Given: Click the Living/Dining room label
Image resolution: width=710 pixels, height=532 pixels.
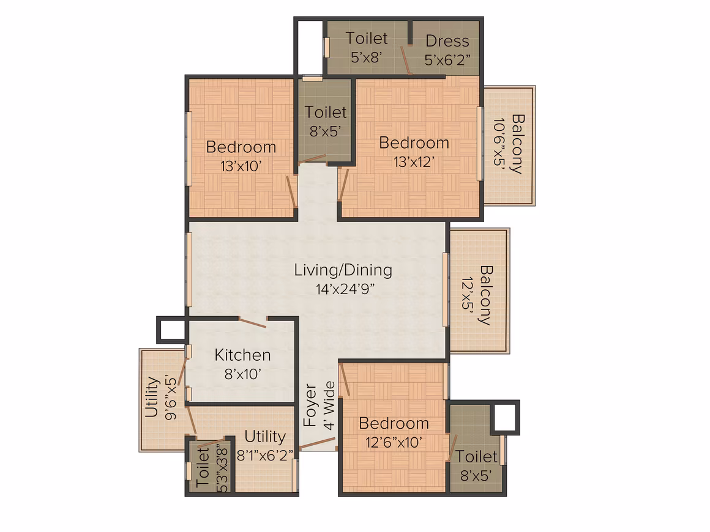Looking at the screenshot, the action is pos(343,270).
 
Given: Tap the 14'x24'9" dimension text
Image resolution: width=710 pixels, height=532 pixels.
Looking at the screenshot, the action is pos(345,289).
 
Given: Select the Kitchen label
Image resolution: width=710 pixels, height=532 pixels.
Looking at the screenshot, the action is pos(243,355).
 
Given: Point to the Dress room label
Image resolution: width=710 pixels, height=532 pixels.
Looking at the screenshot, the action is pos(447,41).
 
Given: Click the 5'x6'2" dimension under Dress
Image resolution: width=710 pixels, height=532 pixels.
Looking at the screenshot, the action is pos(447,60).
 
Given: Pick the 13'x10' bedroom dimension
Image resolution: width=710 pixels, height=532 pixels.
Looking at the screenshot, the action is pos(241,166).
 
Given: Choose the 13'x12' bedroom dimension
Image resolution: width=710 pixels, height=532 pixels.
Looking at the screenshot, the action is pos(414,162).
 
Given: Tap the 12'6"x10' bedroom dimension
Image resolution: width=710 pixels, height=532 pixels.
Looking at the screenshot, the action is pos(394,443).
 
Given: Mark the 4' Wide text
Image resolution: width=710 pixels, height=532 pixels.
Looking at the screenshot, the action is pos(330,405).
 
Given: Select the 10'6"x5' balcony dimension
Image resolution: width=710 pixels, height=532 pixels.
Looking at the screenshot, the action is pos(499,144).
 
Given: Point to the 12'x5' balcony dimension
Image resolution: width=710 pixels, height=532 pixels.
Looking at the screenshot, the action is pos(467,294).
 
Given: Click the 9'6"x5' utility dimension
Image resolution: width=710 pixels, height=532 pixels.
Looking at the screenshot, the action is pos(171,397).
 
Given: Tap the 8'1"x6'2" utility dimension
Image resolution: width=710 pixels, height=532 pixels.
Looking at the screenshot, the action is pos(266,455).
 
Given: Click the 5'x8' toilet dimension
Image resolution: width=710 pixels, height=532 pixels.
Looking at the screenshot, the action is pos(367,57).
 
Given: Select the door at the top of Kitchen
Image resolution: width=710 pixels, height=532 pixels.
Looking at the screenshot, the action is pos(253,323).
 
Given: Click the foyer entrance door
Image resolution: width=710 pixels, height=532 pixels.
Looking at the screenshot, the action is pos(318,443).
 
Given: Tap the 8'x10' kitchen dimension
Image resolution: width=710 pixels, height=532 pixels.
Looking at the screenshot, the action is pos(243,374).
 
